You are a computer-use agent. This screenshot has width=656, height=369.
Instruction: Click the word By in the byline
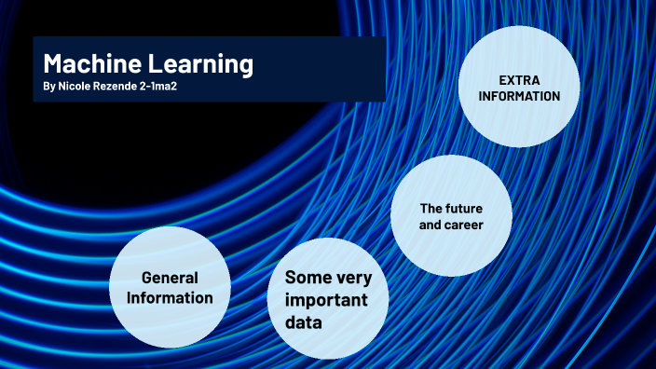pyautogui.click(x=49, y=87)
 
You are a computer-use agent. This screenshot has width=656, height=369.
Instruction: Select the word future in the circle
pyautogui.click(x=465, y=208)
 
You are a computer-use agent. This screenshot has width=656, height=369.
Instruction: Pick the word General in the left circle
pyautogui.click(x=170, y=278)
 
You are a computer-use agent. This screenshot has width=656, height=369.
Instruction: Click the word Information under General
pyautogui.click(x=170, y=298)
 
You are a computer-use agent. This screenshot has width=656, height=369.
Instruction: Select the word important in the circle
pyautogui.click(x=325, y=300)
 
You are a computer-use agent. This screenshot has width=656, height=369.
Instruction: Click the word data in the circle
pyautogui.click(x=304, y=322)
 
